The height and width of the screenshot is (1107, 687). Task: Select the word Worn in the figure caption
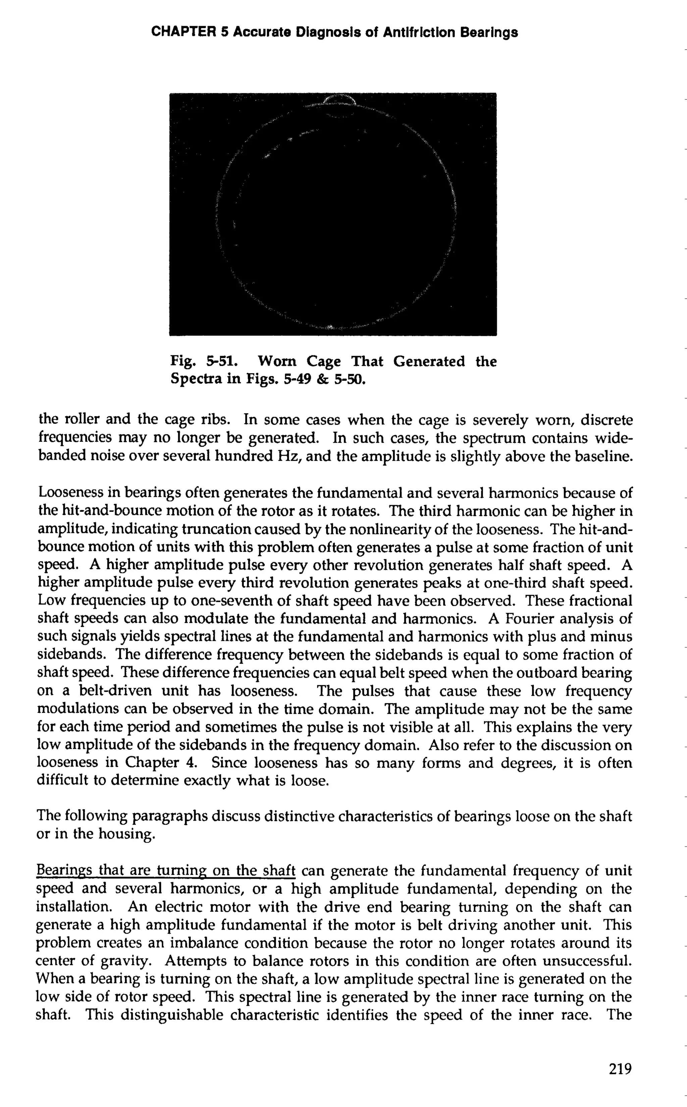point(277,361)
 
